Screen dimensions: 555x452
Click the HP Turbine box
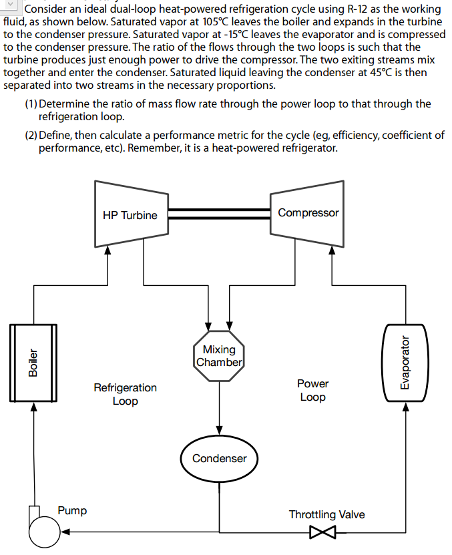(x=131, y=214)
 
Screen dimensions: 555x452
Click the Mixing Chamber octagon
(x=219, y=356)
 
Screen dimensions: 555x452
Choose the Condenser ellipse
(x=219, y=458)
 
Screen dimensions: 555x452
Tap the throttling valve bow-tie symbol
(x=323, y=533)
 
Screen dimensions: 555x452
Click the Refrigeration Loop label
(x=126, y=394)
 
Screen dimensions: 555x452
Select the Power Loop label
(x=312, y=391)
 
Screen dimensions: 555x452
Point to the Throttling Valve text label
(x=326, y=514)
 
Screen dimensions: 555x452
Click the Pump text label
(x=72, y=511)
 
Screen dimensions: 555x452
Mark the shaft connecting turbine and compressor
(x=218, y=214)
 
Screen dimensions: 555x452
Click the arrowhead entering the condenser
(x=219, y=430)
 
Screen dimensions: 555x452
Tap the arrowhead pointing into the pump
(x=65, y=533)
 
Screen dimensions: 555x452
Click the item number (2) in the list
(x=31, y=136)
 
